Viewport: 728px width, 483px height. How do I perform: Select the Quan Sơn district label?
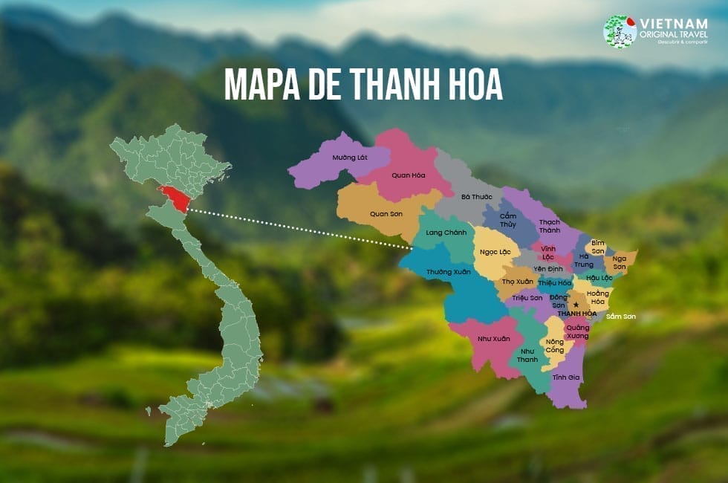pos(386,213)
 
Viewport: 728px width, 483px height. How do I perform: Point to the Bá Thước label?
pos(475,197)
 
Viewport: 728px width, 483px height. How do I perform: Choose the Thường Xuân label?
pos(449,272)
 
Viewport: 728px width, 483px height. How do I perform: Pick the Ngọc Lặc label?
pos(495,252)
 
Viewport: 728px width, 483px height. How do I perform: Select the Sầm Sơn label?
pos(621,317)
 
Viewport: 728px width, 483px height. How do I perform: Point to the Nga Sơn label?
pos(620,262)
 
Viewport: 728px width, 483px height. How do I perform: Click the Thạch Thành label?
pos(550,226)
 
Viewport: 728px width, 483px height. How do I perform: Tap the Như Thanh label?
pos(527,355)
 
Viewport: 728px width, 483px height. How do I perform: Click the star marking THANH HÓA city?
pos(576,304)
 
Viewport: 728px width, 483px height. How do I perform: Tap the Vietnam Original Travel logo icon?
pos(620,32)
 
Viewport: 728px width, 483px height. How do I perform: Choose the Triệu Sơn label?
pos(527,297)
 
